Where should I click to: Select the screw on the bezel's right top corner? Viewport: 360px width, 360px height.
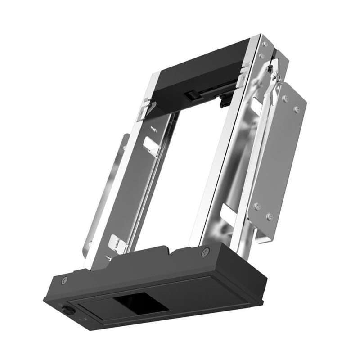(206, 251)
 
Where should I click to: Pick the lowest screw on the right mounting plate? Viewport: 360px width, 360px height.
(270, 216)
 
